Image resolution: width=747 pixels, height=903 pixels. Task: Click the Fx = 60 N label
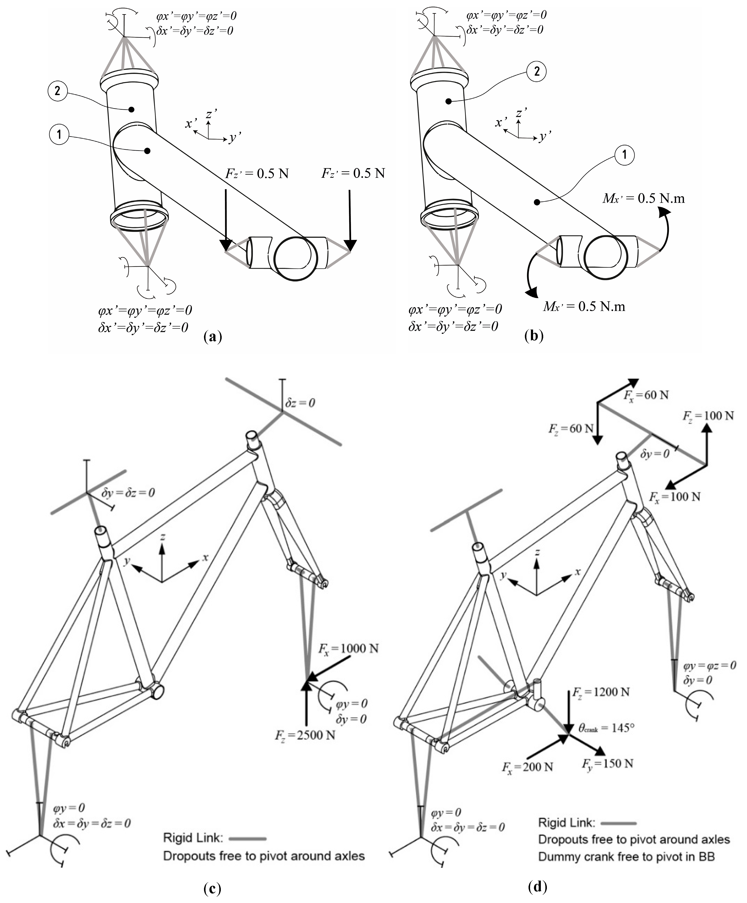pos(646,395)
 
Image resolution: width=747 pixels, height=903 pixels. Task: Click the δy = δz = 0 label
pos(128,493)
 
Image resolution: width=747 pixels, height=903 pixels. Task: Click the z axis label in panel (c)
pos(163,537)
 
